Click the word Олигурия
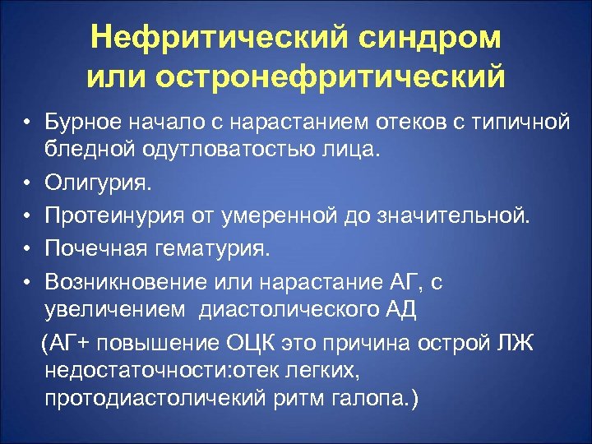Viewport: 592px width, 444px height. point(98,180)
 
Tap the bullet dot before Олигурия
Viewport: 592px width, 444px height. point(27,181)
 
